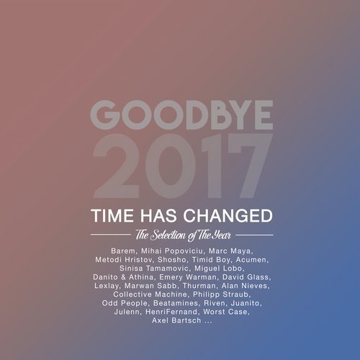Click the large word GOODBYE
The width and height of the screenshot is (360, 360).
coord(181,115)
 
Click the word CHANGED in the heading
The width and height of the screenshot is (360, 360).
coord(228,215)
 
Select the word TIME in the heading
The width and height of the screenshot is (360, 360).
coord(112,215)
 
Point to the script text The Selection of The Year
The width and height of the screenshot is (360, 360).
coord(183,235)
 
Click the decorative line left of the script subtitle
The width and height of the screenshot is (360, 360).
coord(111,235)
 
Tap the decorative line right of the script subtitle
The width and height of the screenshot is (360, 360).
coord(254,235)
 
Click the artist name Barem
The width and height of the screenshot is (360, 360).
coord(123,251)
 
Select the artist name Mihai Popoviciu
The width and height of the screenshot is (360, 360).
coord(172,251)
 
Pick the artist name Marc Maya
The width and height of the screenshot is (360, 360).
coord(230,251)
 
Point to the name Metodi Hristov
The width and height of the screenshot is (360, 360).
coord(124,260)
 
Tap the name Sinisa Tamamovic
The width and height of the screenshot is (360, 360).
coord(154,269)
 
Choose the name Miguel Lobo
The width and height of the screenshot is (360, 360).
coord(218,269)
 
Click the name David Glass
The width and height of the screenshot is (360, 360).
coord(246,277)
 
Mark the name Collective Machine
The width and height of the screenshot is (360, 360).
coord(150,294)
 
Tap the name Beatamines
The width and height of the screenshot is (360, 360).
coord(176,303)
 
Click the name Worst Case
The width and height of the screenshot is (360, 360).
coord(225,312)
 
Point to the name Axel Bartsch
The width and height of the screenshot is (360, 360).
coord(176,320)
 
